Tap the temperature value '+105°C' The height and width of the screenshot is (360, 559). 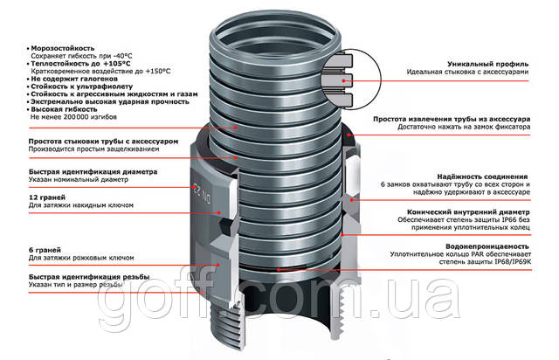point(116,64)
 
